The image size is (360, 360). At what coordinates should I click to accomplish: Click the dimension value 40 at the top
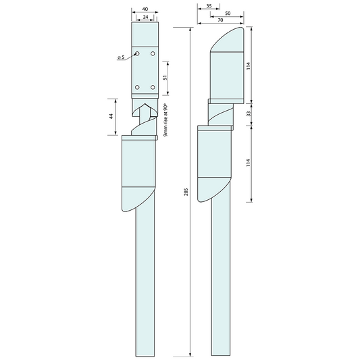click(x=145, y=10)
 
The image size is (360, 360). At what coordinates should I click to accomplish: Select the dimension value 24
click(x=145, y=18)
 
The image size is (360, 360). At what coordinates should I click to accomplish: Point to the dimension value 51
click(x=165, y=76)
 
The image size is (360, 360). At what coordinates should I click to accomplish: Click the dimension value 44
click(x=111, y=116)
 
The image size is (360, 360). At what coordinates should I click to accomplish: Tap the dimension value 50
click(x=227, y=13)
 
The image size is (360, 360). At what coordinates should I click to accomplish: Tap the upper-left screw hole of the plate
click(x=137, y=53)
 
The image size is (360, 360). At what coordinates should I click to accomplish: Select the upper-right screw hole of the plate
click(x=153, y=53)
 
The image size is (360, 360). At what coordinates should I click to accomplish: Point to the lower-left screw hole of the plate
click(x=137, y=87)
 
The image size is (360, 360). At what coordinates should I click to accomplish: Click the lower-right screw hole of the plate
click(x=153, y=87)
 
